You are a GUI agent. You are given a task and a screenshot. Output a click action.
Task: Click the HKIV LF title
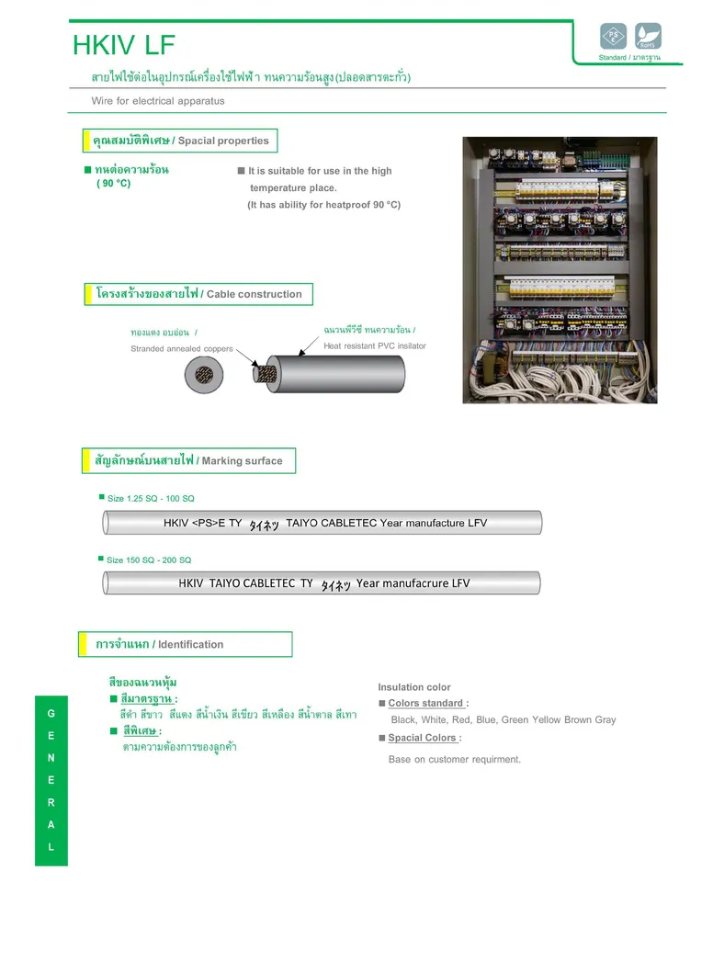pos(123,45)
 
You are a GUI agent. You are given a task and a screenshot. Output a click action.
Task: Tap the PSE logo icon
pos(613,37)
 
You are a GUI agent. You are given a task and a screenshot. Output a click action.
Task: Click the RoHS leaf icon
pos(648,37)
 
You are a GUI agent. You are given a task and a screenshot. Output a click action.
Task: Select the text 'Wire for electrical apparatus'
pos(154,101)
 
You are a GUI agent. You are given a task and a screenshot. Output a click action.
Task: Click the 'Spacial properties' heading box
pos(181,141)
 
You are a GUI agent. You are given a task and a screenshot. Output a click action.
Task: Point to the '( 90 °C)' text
pos(114,184)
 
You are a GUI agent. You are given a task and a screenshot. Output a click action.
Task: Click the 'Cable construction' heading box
pos(198,294)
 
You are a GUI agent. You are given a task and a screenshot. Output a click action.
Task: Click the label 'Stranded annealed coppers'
pos(182,349)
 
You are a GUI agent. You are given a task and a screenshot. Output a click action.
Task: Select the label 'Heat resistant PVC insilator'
pos(375,346)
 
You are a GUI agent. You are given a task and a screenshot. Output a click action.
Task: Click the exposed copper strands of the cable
pos(267,373)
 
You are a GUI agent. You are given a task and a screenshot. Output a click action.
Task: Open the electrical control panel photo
pos(560,269)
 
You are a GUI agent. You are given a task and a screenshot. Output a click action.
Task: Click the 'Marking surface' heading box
pos(189,460)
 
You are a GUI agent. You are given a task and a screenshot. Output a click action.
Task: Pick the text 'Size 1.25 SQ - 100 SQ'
pos(151,499)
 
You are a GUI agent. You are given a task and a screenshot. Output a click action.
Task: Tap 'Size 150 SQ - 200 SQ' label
pos(149,560)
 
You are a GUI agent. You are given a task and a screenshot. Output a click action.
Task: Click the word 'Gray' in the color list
pos(604,720)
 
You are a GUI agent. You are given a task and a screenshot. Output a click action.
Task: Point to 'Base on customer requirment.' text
pos(454,760)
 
